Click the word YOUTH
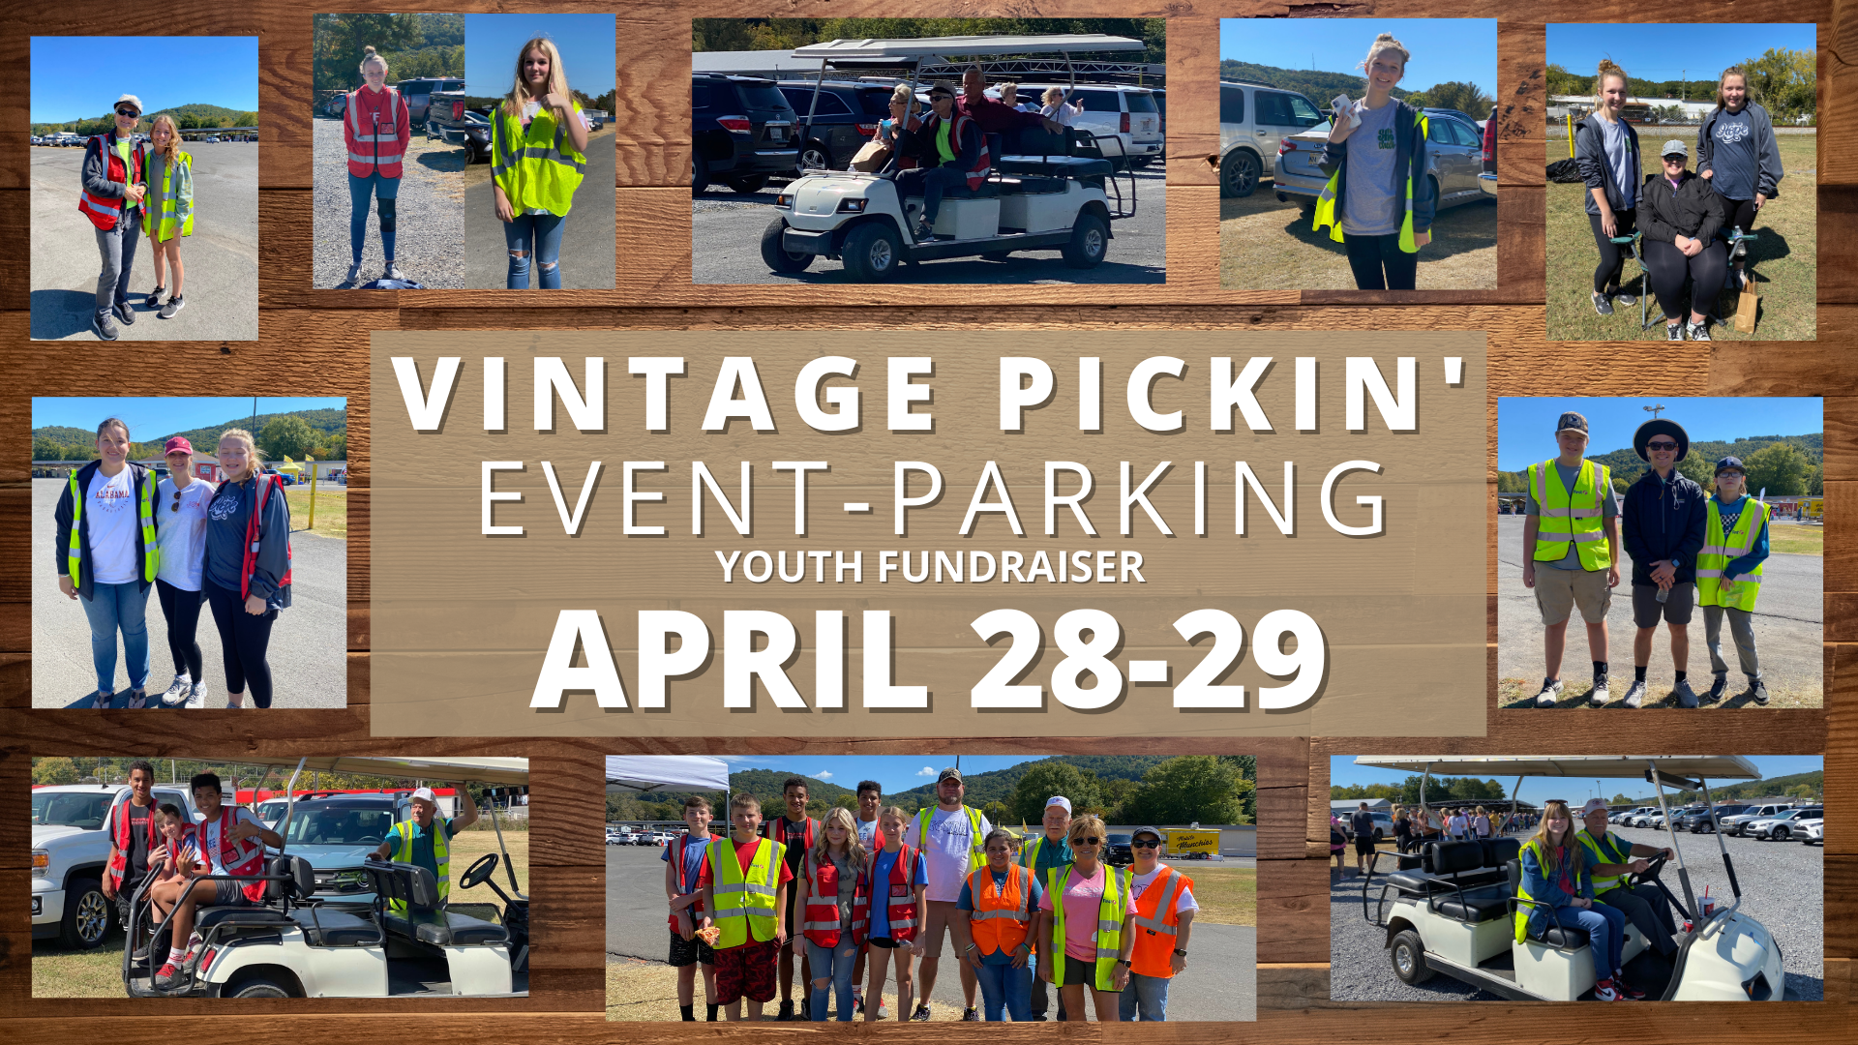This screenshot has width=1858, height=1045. [790, 567]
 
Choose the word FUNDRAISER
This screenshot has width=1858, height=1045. [1011, 567]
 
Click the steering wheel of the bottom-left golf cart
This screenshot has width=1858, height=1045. [479, 871]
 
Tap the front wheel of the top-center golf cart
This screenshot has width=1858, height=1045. [874, 251]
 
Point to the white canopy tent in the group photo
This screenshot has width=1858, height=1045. [668, 774]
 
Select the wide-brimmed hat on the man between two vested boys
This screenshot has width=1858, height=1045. [1661, 436]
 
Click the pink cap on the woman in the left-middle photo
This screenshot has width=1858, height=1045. [178, 446]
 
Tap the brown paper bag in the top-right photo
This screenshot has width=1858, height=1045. [1746, 308]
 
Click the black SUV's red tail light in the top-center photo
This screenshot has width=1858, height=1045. [734, 124]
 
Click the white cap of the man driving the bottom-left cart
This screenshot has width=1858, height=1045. [424, 795]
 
